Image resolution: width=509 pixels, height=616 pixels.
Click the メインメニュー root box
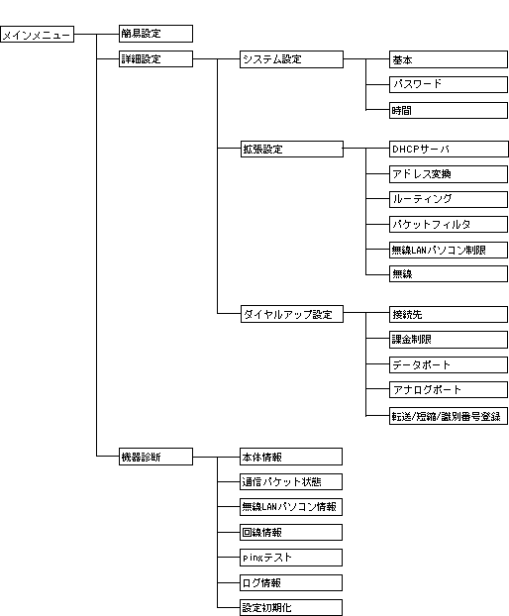pyautogui.click(x=37, y=35)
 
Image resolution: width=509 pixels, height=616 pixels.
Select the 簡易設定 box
pyautogui.click(x=155, y=34)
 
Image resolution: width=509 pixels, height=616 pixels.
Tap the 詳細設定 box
pyautogui.click(x=155, y=59)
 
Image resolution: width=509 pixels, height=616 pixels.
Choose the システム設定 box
pyautogui.click(x=291, y=59)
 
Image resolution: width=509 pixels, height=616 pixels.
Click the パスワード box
pyautogui.click(x=449, y=84)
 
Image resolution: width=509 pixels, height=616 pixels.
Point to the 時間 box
pyautogui.click(x=449, y=110)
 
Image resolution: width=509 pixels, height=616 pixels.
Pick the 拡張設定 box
pyautogui.click(x=292, y=149)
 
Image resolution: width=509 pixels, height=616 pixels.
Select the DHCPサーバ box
pyautogui.click(x=449, y=150)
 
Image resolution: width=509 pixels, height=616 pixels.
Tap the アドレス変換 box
pyautogui.click(x=449, y=174)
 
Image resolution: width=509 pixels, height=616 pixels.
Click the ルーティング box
pyautogui.click(x=449, y=199)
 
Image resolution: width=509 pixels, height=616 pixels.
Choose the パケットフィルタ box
pyautogui.click(x=449, y=225)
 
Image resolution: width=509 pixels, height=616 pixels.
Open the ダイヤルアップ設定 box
pyautogui.click(x=292, y=314)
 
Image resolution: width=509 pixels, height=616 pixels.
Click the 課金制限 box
pyautogui.click(x=449, y=340)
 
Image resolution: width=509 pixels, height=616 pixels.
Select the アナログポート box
pyautogui.click(x=449, y=390)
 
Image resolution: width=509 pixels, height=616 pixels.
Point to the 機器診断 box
pyautogui.click(x=155, y=457)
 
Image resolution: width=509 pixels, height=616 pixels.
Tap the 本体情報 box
pyautogui.click(x=291, y=457)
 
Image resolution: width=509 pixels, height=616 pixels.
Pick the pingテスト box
pyautogui.click(x=291, y=558)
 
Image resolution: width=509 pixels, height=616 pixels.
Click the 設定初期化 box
pyautogui.click(x=291, y=607)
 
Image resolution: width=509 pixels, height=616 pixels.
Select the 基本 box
pyautogui.click(x=449, y=59)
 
